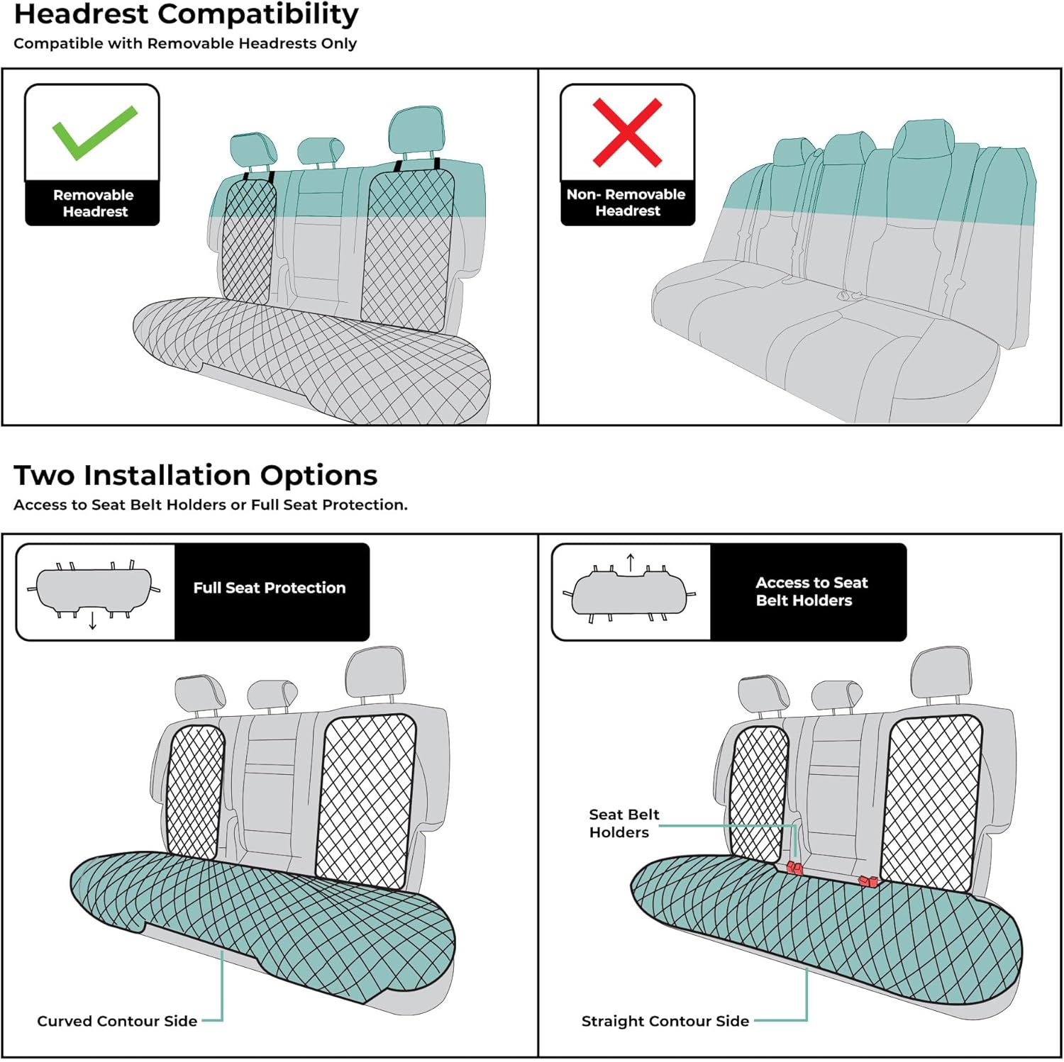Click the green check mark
point(94,132)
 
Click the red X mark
point(627,133)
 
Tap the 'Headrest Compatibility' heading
point(186,15)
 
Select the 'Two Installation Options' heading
point(195,475)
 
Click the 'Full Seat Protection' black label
point(270,588)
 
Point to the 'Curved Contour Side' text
point(117,1021)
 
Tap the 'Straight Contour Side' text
point(665,1021)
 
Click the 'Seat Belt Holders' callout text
point(624,823)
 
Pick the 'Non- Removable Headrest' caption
point(626,203)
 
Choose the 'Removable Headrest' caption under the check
point(93,203)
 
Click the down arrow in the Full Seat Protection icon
point(93,621)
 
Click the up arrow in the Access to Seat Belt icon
point(631,562)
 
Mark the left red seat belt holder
point(794,868)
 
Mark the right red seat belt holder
point(868,881)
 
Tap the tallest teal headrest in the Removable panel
point(416,130)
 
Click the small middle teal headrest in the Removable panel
point(320,150)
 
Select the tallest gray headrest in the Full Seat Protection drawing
point(375,671)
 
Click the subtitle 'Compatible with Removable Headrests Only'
point(185,43)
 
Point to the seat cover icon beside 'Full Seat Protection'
point(94,590)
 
